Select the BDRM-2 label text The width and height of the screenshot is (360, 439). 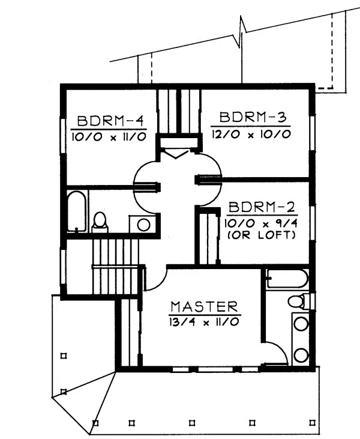pos(262,208)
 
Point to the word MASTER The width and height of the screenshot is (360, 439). pos(205,306)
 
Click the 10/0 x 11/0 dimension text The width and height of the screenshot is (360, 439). pos(108,136)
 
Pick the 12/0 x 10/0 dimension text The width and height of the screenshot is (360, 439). pos(251,133)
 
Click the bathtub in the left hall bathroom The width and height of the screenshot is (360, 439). pos(76,211)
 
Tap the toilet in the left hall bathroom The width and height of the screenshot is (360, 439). pos(100,222)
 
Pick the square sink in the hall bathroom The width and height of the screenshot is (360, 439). pos(143,224)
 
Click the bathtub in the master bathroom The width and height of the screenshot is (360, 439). pos(287,279)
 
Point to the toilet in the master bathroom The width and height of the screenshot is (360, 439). pos(297,301)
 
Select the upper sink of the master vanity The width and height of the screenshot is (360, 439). pos(300,324)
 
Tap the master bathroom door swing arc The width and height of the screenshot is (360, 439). pos(273,351)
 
